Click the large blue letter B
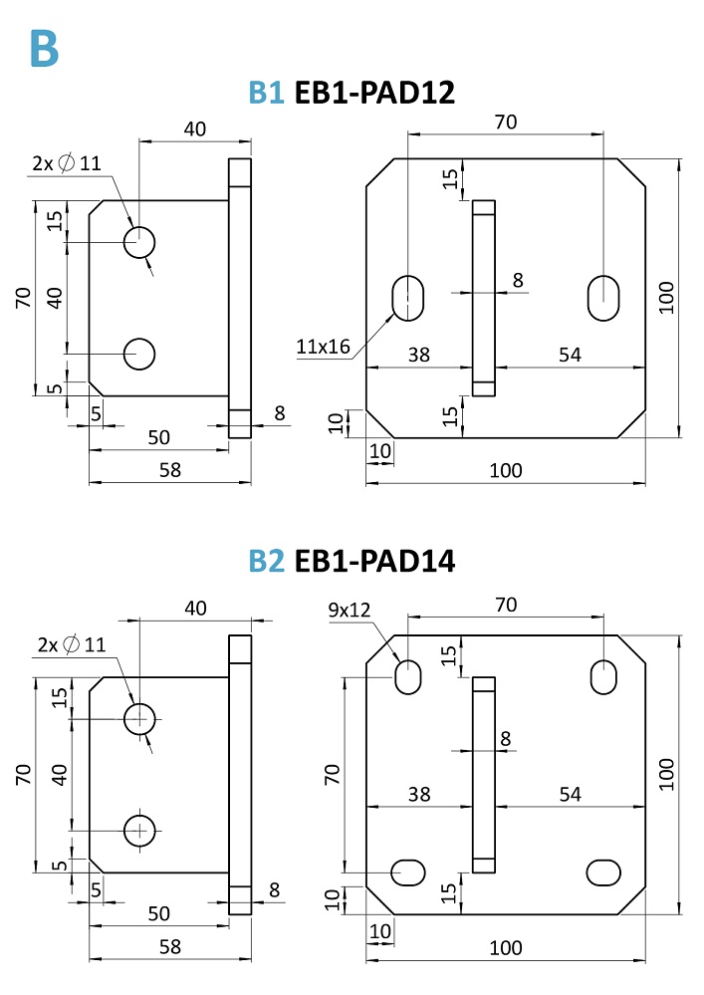pos(45,48)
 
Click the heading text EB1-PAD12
pos(374,93)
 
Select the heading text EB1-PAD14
pos(374,561)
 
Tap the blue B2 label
pos(267,561)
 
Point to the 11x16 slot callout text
pos(323,347)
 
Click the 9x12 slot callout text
pos(349,610)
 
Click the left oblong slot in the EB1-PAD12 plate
pos(408,298)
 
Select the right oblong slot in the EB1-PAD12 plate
pos(603,298)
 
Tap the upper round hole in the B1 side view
pos(138,242)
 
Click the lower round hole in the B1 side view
pos(138,354)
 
